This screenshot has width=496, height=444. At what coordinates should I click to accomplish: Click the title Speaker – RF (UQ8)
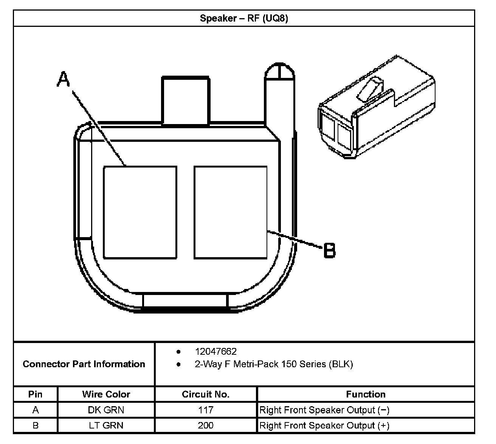click(244, 18)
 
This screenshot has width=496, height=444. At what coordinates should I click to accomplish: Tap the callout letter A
click(64, 79)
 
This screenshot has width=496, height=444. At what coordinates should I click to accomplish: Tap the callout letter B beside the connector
click(330, 250)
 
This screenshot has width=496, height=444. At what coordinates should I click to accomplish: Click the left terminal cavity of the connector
click(140, 212)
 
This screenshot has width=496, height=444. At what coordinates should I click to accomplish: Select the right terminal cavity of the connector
click(231, 212)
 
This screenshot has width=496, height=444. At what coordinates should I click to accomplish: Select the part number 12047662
click(215, 351)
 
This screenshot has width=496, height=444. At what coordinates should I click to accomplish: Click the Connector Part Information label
click(84, 364)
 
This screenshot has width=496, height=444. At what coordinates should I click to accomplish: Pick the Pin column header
click(36, 394)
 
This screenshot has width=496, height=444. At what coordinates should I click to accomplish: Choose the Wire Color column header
click(106, 394)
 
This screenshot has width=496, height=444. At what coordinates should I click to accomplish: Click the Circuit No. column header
click(206, 394)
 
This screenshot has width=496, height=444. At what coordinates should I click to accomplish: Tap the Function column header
click(366, 394)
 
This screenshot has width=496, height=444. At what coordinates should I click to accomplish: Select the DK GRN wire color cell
click(106, 410)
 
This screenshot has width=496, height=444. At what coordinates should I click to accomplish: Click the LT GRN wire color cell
click(106, 425)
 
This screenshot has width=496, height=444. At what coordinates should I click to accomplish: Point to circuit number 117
click(206, 410)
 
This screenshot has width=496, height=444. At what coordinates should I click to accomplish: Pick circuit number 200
click(206, 425)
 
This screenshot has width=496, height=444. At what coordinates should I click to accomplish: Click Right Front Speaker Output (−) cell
click(324, 410)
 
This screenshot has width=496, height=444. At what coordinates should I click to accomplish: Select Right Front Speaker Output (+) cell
click(324, 425)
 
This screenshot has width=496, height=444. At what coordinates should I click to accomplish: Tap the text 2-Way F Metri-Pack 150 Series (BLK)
click(274, 364)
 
